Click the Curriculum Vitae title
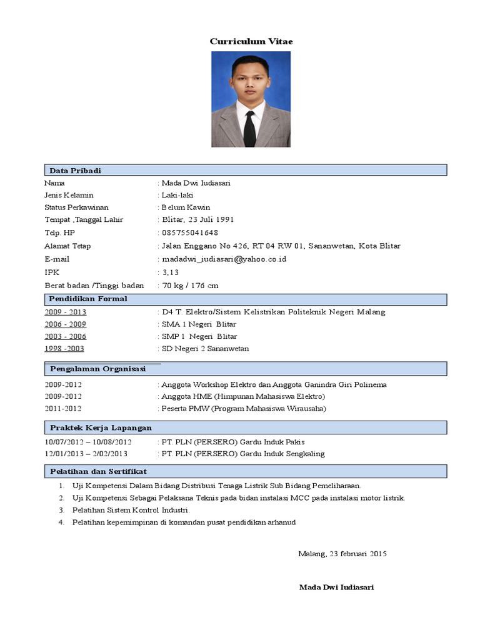point(251,41)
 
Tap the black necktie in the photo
point(250,129)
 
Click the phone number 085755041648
point(190,232)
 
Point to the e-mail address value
point(224,259)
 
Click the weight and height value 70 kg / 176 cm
point(190,286)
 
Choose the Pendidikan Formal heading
point(88,299)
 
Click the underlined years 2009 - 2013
point(66,312)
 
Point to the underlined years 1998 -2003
point(64,349)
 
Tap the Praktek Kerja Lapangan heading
point(101,428)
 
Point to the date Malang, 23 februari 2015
point(342,554)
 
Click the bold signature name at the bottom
point(337,587)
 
